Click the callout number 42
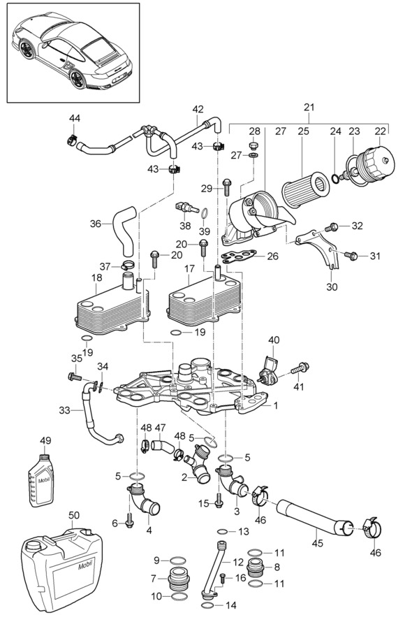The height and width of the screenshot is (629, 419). [198, 109]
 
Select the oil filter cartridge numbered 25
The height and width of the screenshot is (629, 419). [305, 189]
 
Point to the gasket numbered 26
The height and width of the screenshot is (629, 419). [240, 256]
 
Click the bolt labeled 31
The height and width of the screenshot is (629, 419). [351, 254]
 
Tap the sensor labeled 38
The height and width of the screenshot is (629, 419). [186, 208]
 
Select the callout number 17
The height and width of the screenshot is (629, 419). [189, 268]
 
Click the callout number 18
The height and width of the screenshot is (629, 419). [96, 277]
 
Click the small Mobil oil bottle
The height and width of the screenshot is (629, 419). [41, 481]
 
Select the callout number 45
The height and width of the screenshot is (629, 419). [318, 543]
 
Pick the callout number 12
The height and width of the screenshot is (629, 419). [238, 563]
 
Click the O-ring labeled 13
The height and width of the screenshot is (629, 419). [223, 532]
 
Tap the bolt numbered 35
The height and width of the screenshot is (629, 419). [75, 377]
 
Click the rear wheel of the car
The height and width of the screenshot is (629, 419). [77, 79]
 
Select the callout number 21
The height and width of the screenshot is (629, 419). [309, 108]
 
